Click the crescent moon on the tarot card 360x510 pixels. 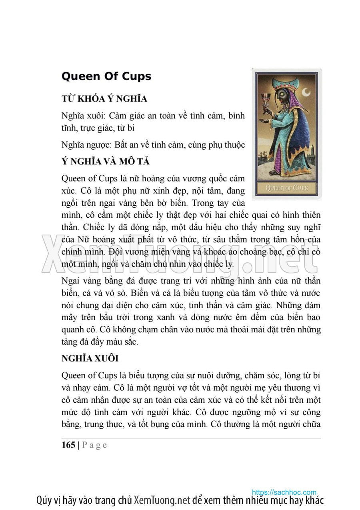[306, 93]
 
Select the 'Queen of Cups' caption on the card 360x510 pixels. [287, 187]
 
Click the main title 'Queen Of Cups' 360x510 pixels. [106, 76]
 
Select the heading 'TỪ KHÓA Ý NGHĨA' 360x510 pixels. [104, 99]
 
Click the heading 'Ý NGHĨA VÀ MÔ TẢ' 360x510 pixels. [106, 162]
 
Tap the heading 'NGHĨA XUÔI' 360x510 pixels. [90, 358]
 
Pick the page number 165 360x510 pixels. [68, 445]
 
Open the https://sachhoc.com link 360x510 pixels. [284, 492]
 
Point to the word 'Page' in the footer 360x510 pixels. [94, 445]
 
